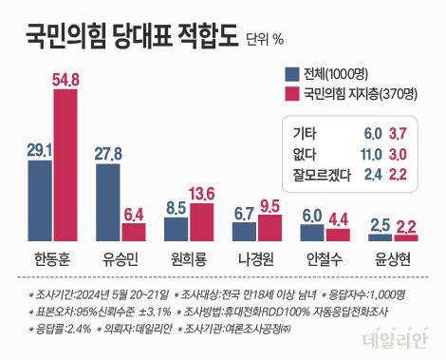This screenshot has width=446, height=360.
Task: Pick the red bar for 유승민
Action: [133, 233]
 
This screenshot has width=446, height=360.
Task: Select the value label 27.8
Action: [107, 153]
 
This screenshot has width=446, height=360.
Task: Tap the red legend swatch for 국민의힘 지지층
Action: [289, 94]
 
